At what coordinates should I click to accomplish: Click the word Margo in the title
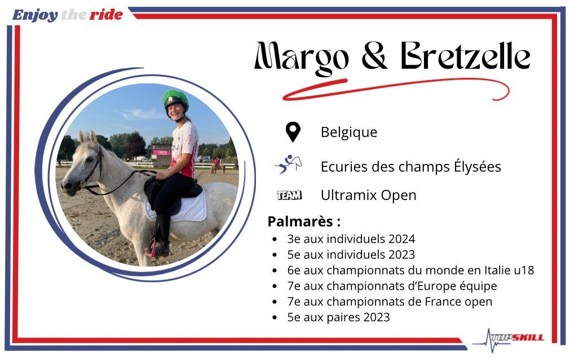[302, 58]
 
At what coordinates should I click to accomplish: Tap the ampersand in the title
[375, 56]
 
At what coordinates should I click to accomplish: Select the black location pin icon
[293, 132]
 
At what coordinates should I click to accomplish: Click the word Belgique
[349, 132]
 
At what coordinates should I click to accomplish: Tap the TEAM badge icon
[289, 195]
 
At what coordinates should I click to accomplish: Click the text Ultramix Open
[369, 195]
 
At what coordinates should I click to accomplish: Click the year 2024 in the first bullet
[401, 239]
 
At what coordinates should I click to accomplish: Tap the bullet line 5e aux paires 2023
[338, 317]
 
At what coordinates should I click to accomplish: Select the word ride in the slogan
[106, 15]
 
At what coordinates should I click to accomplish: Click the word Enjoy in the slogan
[35, 16]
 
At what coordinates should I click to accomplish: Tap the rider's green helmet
[175, 98]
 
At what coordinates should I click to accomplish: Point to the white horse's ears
[89, 138]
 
